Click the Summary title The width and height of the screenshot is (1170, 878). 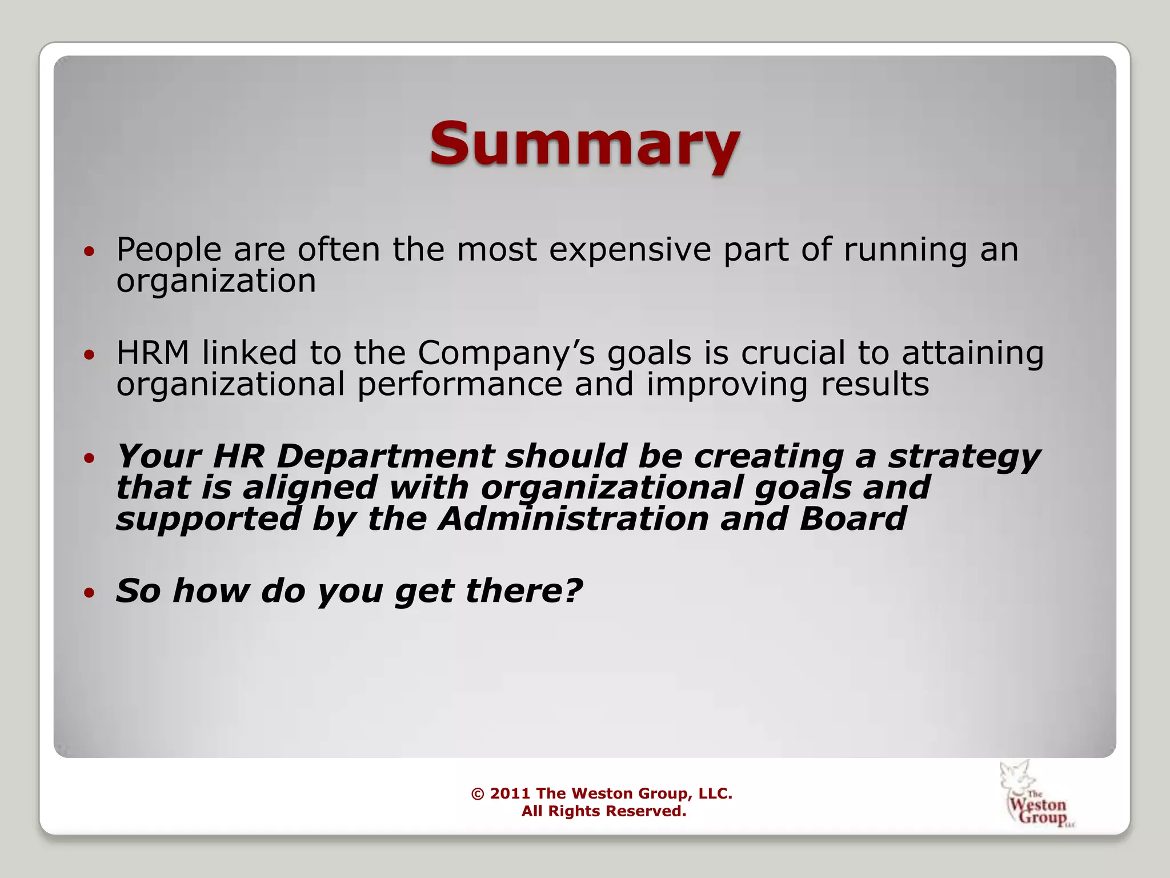pos(584,145)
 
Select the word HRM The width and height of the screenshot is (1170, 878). pos(153,353)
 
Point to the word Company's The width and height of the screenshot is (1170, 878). pos(506,354)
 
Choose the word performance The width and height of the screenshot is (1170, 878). pos(459,384)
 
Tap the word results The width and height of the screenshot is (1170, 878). pos(875,384)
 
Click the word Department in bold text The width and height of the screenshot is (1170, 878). pos(385,456)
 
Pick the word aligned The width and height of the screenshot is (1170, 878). pos(309,488)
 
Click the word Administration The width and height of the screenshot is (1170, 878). pos(573,519)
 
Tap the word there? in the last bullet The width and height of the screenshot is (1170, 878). pos(524,590)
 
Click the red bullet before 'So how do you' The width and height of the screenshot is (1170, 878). pos(89,593)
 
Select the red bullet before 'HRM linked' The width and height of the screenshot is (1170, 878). pos(89,355)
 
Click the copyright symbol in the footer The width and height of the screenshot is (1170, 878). pos(478,793)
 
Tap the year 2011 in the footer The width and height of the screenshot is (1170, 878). pos(510,793)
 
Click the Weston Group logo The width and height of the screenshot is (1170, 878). pos(1036,795)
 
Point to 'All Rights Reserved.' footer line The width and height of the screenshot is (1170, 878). pos(603,811)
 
